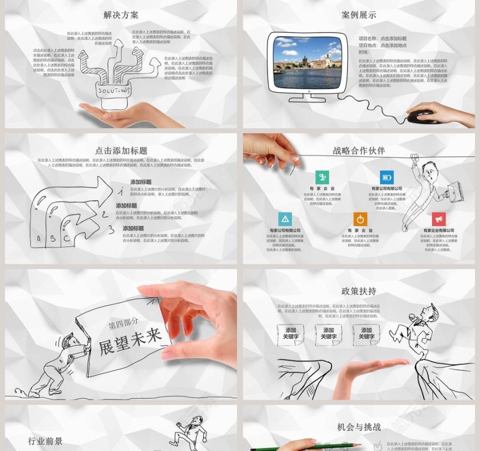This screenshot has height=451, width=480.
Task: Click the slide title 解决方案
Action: [x=121, y=15]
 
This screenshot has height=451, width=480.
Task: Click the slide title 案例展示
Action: [x=359, y=15]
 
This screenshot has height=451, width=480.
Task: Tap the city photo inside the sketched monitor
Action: [x=307, y=62]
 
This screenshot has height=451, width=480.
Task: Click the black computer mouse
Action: [x=422, y=117]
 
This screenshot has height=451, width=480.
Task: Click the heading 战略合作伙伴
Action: [x=359, y=151]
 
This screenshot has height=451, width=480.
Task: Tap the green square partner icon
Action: [x=322, y=177]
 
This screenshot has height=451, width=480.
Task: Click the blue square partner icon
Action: [x=387, y=177]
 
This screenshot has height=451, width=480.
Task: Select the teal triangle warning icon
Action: [x=285, y=219]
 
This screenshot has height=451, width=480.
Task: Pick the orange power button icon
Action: [x=360, y=219]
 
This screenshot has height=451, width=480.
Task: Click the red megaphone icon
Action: [x=438, y=219]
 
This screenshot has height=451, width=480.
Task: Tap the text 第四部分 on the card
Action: [x=123, y=324]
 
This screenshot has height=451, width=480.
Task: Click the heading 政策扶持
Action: [x=359, y=291]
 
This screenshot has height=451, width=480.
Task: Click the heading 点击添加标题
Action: [x=121, y=151]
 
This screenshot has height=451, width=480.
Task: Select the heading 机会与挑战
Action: [x=359, y=427]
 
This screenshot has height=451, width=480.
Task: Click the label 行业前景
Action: [x=46, y=441]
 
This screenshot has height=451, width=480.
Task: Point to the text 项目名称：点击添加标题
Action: [x=383, y=38]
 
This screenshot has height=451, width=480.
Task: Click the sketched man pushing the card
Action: [x=63, y=363]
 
